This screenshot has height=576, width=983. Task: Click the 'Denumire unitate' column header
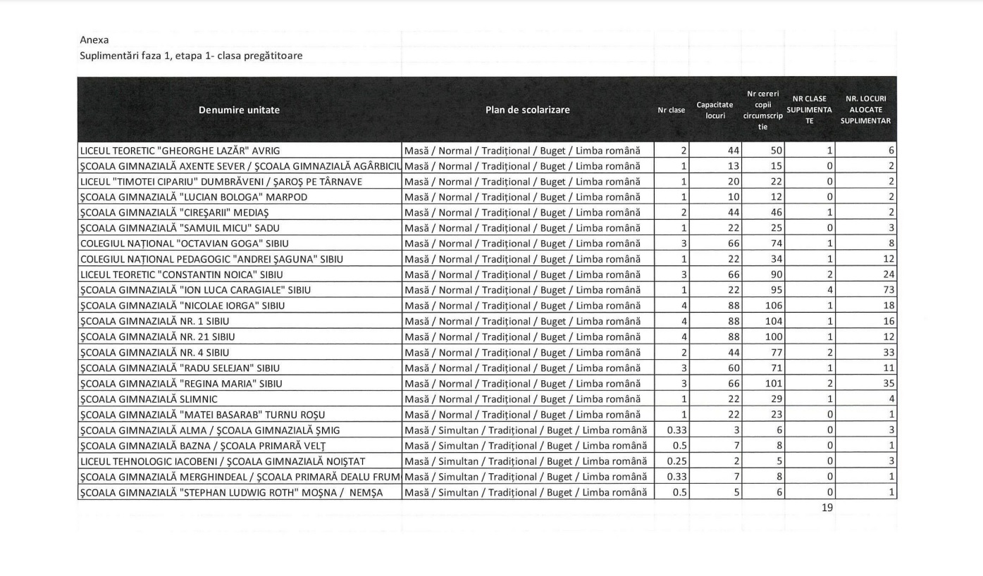click(x=239, y=110)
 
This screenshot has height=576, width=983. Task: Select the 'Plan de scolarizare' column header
click(x=527, y=110)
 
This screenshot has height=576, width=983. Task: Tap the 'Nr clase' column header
click(x=671, y=111)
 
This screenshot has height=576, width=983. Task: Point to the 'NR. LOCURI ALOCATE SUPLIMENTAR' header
click(x=865, y=110)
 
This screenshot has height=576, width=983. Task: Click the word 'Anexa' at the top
click(x=94, y=40)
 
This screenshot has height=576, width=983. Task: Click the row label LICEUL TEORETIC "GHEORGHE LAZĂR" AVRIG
click(x=185, y=151)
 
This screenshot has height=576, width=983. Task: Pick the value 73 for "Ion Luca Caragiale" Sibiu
click(x=888, y=290)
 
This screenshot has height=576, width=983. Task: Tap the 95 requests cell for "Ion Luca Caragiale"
click(x=774, y=290)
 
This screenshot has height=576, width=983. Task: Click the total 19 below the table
click(x=827, y=507)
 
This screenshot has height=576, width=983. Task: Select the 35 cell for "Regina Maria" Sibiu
click(x=888, y=383)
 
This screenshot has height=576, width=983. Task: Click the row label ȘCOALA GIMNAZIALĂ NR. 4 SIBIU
click(x=154, y=352)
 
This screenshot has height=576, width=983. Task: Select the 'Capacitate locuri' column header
click(x=715, y=111)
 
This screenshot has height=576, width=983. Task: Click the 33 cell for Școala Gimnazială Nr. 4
click(x=888, y=352)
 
